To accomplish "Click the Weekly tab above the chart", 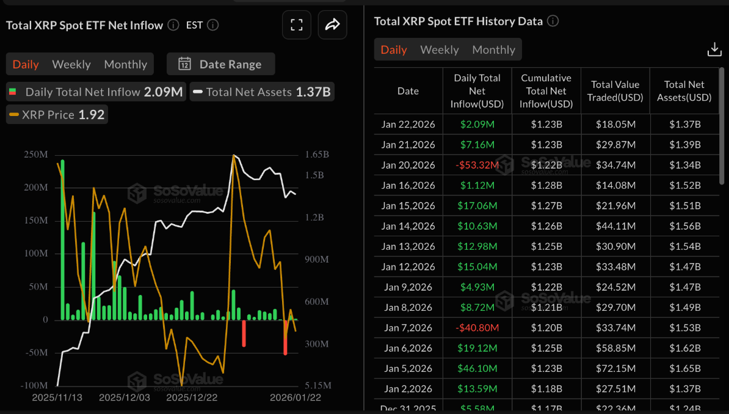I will pos(71,64).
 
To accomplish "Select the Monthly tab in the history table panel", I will pos(493,49).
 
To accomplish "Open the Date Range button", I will pos(221,64).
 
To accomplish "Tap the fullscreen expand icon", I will pos(297,25).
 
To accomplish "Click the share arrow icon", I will pos(332,25).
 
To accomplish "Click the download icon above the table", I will pos(714,49).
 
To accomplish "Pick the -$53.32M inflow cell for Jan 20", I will pos(477,165).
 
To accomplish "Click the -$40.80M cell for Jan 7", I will pos(477,328).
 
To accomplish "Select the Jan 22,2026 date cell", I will pos(408,125).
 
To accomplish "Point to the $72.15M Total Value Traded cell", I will pos(615,369).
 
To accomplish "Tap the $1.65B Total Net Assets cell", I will pos(684,369).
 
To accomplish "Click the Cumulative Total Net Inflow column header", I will pos(546,91).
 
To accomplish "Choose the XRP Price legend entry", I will pos(57,115).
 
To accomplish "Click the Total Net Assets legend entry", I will pos(263,92).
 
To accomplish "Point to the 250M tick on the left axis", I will pos(35,154).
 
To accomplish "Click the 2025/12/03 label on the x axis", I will pos(124,398).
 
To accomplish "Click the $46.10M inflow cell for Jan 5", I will pos(477,369).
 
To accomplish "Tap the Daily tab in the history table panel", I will pos(394,49).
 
